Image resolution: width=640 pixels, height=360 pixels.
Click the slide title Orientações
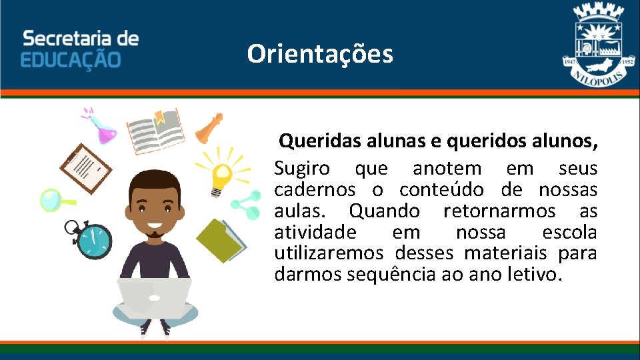tap(320, 54)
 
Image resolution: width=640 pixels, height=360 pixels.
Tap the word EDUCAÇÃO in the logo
tap(71, 59)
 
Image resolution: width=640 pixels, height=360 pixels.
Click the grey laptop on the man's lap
tap(155, 297)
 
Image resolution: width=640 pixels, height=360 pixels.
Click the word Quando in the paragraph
tap(384, 211)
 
